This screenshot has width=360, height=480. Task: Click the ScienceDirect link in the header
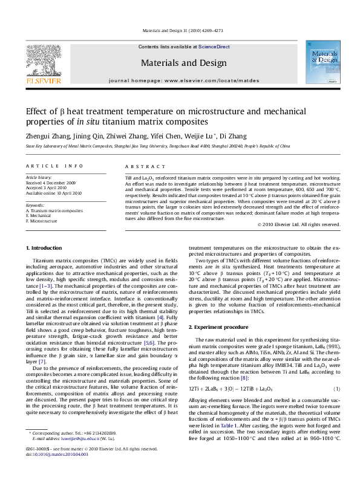214,47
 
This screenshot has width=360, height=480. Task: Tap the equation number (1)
337,388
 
